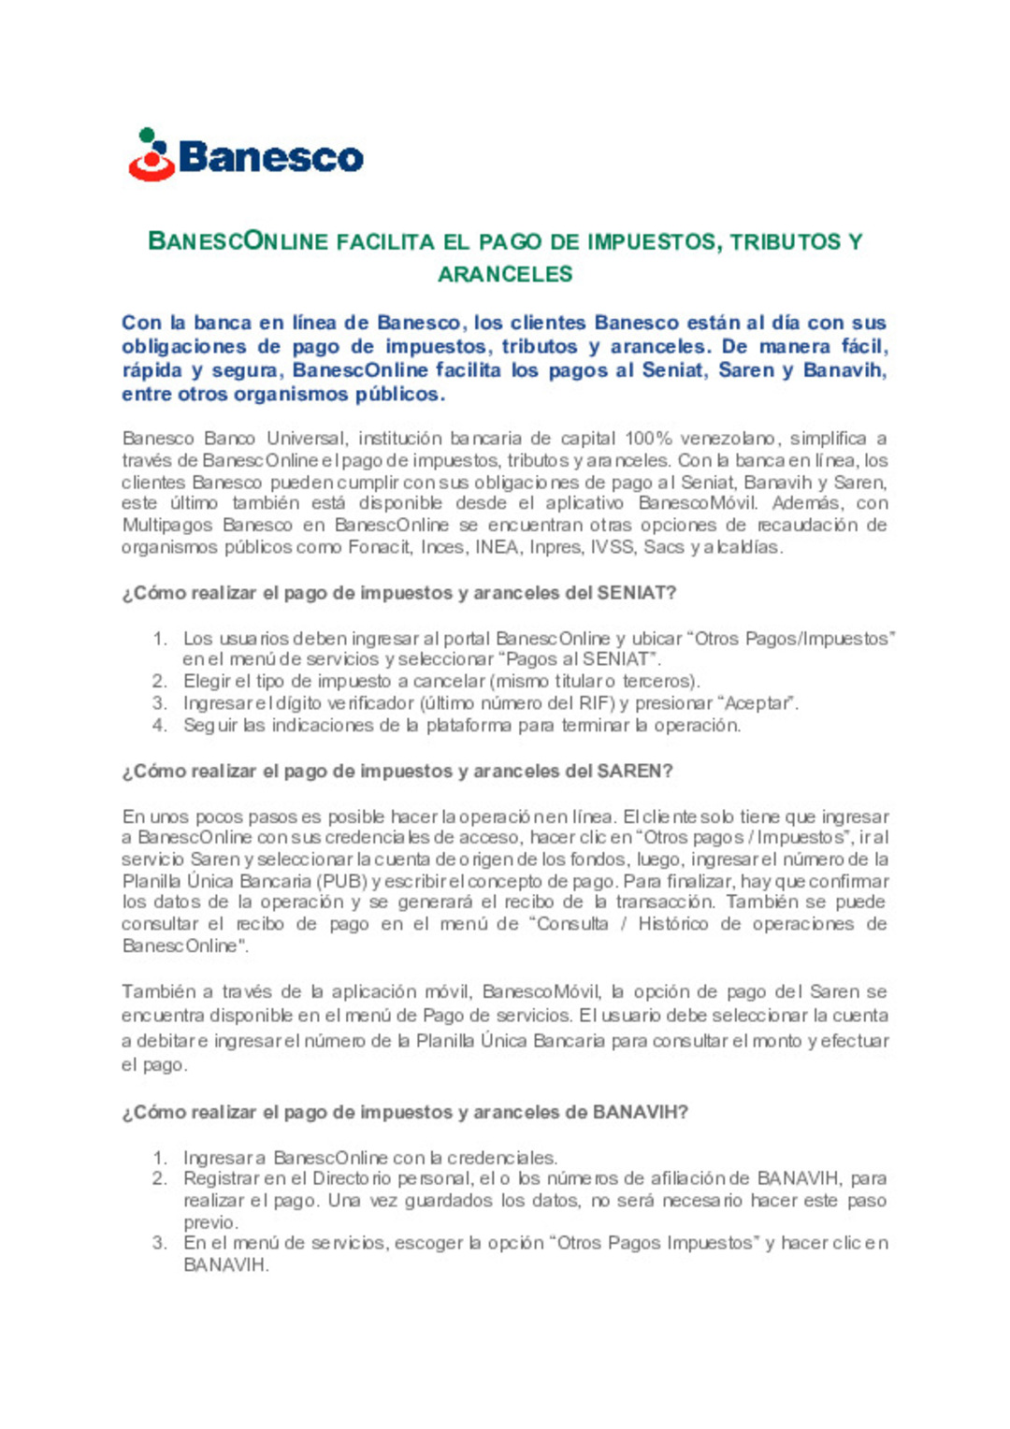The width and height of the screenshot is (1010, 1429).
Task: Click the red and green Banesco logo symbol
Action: pos(151,155)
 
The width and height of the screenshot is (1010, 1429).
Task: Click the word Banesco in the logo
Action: pos(270,157)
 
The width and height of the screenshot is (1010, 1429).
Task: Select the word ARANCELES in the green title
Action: pos(505,274)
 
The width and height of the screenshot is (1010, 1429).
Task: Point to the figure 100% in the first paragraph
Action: pos(647,439)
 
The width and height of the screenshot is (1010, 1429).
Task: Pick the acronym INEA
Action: pos(497,547)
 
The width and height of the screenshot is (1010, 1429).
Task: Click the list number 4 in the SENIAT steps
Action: pos(160,726)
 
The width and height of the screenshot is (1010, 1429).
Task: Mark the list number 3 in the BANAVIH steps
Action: pos(160,1243)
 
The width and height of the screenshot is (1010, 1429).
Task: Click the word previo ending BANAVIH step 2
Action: pos(209,1222)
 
